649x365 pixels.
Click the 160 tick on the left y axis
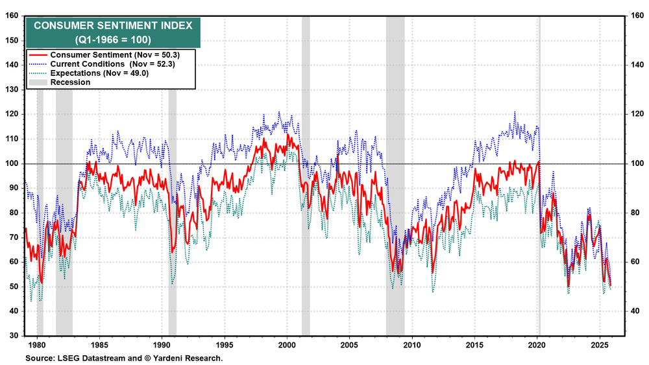point(12,16)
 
